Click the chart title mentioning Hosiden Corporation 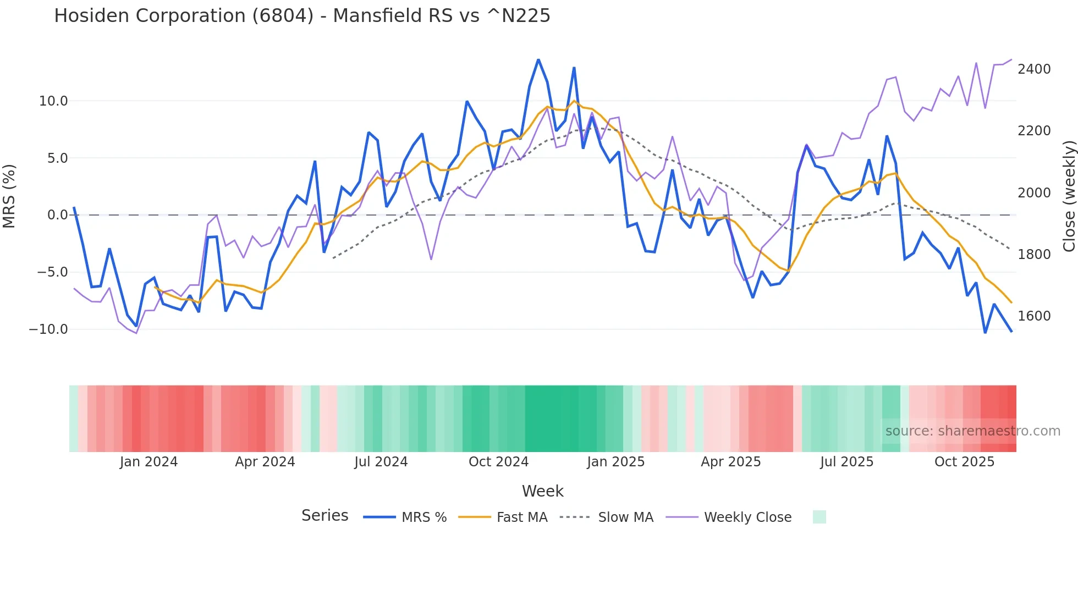[302, 16]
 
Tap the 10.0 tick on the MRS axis [53, 101]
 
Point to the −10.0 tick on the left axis [48, 329]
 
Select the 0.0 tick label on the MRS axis [57, 215]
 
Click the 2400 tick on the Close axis [1034, 69]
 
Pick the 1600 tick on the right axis [1034, 316]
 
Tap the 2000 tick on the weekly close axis [1034, 193]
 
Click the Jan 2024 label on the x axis [148, 462]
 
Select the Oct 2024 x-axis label [498, 462]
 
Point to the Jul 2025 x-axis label [846, 462]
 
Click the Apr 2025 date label [730, 462]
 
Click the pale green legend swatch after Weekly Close [819, 517]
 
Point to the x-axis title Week [542, 491]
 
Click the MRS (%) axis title [9, 196]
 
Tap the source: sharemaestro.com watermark [972, 431]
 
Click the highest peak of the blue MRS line [538, 60]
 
